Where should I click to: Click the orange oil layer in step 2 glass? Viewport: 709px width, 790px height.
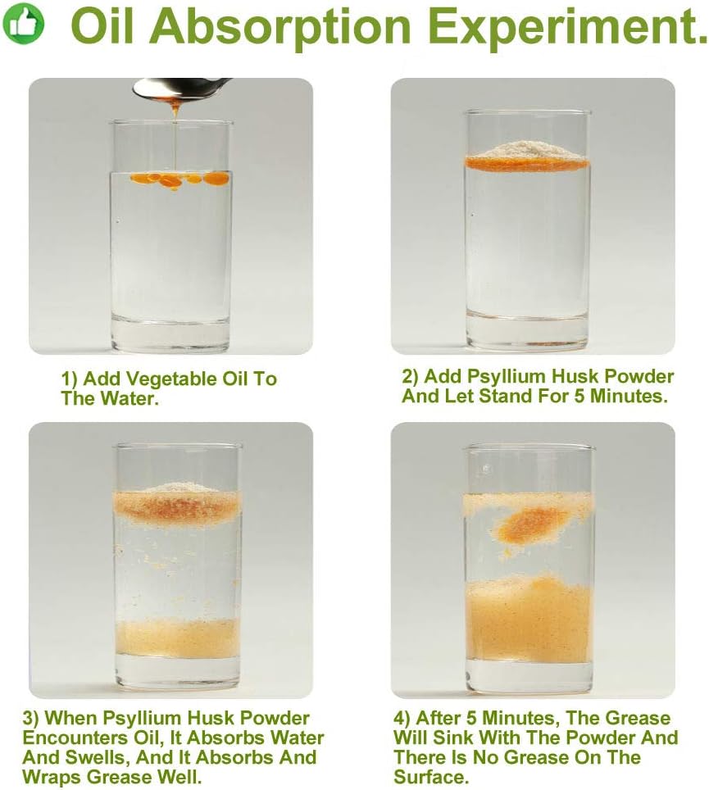(x=527, y=164)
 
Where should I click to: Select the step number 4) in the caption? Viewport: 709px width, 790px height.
(x=405, y=718)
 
